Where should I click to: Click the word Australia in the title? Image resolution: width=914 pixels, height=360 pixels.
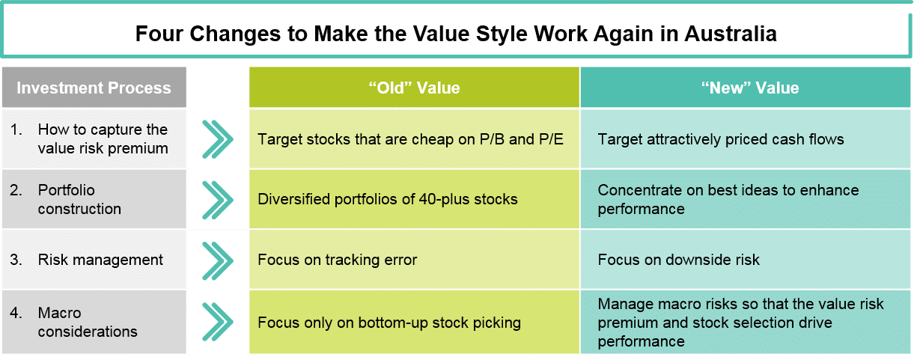(x=731, y=34)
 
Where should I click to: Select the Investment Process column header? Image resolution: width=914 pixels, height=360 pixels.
(x=94, y=88)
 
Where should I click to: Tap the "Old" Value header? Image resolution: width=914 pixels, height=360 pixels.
(x=414, y=88)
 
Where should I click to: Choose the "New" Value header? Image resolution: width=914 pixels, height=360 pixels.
(x=746, y=88)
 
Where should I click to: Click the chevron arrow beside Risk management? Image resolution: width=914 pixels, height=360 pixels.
(x=218, y=260)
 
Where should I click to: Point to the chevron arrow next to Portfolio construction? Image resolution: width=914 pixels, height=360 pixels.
(x=218, y=200)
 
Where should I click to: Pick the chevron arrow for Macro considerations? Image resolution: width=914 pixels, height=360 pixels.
(x=218, y=322)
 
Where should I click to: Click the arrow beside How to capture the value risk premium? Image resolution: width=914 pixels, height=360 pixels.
(x=218, y=139)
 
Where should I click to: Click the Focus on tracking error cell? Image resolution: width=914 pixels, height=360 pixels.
(x=414, y=260)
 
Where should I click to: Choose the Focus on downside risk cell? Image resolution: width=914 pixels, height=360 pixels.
(x=746, y=260)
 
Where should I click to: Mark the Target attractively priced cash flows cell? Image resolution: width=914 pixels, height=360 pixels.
(x=746, y=139)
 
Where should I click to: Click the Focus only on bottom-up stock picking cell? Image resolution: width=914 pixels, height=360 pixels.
(x=414, y=322)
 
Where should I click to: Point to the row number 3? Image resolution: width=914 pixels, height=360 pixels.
(x=16, y=260)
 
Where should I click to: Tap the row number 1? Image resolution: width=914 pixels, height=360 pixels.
(x=16, y=129)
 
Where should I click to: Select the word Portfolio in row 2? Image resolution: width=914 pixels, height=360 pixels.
(x=66, y=190)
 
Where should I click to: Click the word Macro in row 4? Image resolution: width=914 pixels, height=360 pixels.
(x=60, y=313)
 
